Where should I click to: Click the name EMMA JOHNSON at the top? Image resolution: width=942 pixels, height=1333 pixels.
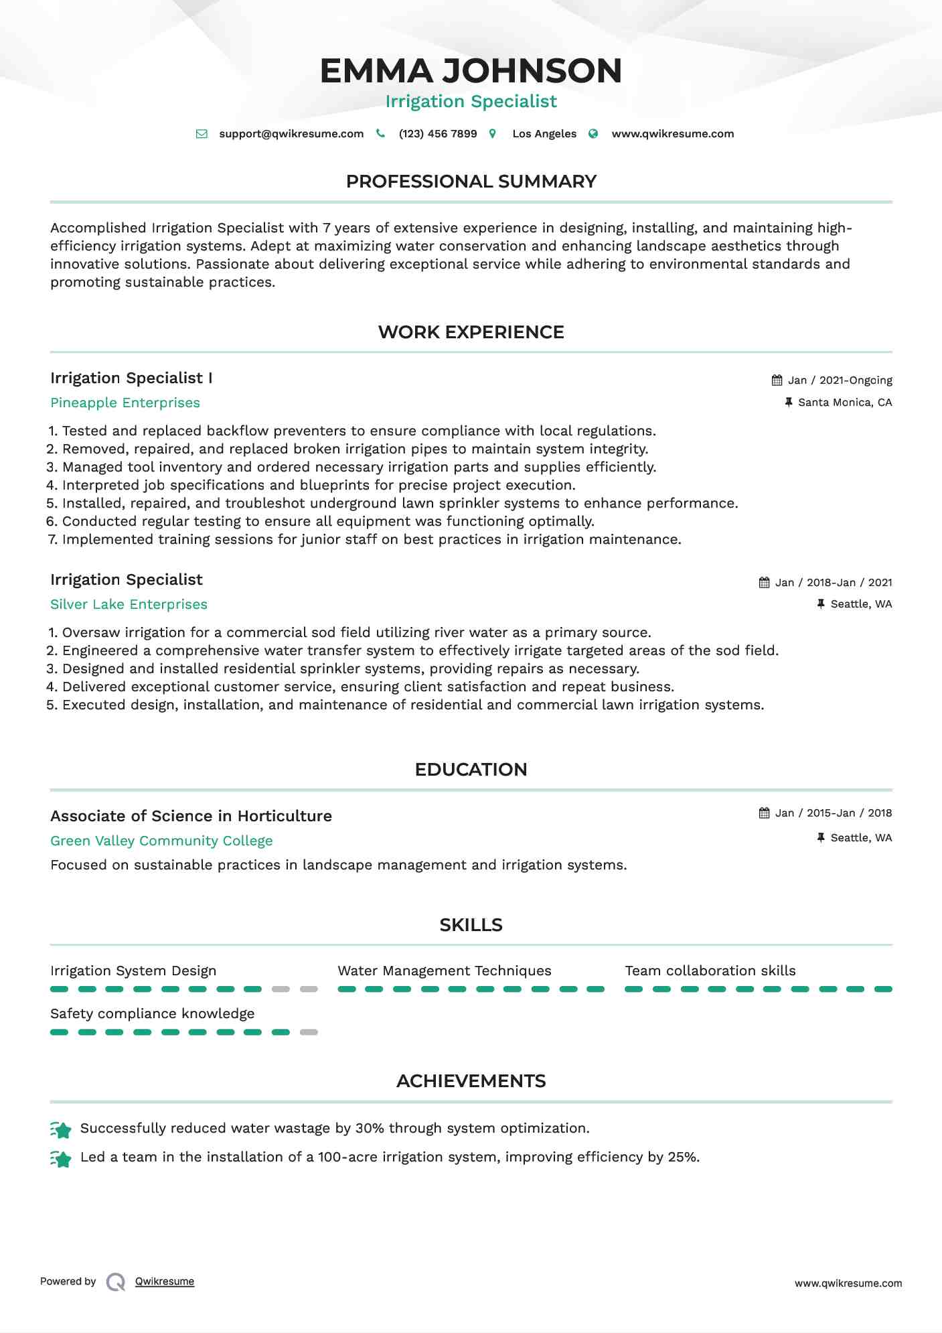(x=471, y=71)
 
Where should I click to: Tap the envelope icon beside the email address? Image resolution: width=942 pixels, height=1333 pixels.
(x=202, y=134)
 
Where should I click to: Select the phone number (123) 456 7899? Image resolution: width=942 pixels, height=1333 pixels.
(x=437, y=134)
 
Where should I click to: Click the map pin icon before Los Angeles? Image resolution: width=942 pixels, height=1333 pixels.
(x=493, y=134)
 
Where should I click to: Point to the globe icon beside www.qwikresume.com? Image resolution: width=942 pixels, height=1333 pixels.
(x=593, y=134)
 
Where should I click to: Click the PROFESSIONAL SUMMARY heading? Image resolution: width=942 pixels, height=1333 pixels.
(x=471, y=182)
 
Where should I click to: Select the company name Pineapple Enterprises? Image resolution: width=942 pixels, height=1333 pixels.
(x=125, y=403)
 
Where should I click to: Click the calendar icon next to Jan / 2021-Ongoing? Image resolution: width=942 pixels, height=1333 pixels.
(x=777, y=380)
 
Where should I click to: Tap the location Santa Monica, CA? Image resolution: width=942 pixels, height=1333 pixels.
(x=844, y=403)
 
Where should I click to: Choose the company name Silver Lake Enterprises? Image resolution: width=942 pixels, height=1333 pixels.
(x=129, y=604)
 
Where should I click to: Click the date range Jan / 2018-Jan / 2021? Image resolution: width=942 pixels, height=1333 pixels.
(x=833, y=583)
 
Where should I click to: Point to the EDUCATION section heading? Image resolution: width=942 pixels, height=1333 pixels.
(x=471, y=770)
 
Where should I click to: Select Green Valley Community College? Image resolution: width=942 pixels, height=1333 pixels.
(x=161, y=841)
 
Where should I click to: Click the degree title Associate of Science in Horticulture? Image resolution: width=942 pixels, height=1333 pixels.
(x=191, y=816)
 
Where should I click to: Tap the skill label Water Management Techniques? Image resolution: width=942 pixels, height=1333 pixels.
(x=444, y=971)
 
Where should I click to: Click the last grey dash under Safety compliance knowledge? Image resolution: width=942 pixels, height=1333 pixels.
(x=309, y=1032)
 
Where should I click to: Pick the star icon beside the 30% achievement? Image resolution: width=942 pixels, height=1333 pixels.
(x=62, y=1130)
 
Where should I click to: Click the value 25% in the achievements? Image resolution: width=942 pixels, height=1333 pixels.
(x=682, y=1157)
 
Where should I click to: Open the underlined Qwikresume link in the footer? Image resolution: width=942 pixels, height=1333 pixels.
(x=165, y=1281)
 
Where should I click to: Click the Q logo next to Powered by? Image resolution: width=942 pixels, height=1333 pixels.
(x=116, y=1282)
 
